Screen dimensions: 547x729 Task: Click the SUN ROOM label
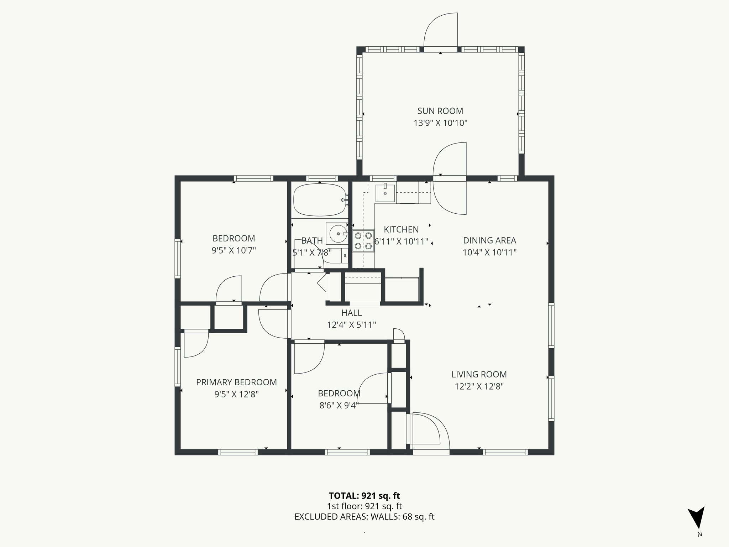(x=440, y=111)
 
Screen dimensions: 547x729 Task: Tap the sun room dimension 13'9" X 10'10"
(x=440, y=123)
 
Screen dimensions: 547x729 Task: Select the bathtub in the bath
(x=319, y=200)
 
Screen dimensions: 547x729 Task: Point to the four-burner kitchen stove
(x=363, y=240)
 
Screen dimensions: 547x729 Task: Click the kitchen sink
(x=385, y=193)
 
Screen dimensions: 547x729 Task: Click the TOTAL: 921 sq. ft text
(x=364, y=496)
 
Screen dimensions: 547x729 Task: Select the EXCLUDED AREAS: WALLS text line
(x=364, y=517)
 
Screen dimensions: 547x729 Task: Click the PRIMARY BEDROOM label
(x=236, y=382)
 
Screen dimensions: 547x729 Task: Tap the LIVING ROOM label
(x=479, y=374)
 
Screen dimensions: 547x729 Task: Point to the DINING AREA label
(x=489, y=240)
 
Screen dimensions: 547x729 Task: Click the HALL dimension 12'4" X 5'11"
(x=351, y=325)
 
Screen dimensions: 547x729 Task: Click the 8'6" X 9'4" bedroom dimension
(x=339, y=405)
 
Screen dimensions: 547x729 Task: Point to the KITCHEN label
(x=401, y=229)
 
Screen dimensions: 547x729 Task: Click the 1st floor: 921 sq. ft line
(x=364, y=506)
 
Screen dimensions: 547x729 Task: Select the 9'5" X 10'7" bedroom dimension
(x=234, y=250)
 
